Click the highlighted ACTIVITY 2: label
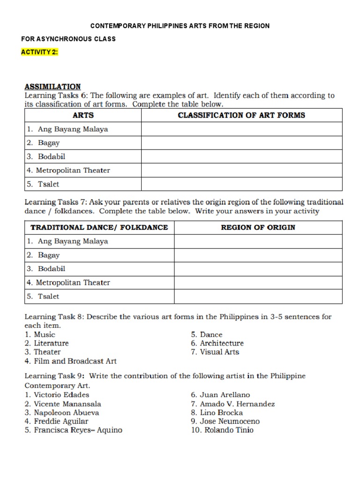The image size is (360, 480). click(39, 52)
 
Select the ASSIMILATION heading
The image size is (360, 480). click(52, 87)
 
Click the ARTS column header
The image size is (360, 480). click(83, 115)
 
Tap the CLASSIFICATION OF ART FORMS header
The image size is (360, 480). click(241, 115)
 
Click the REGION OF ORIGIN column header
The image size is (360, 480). click(258, 227)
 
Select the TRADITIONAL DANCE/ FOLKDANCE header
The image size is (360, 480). click(99, 227)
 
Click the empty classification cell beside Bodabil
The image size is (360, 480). click(241, 157)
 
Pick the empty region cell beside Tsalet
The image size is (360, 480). click(258, 296)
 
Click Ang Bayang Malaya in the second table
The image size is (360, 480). click(67, 241)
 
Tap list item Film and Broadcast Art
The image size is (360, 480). click(70, 361)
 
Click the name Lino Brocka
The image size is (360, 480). click(217, 412)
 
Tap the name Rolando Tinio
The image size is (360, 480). click(222, 430)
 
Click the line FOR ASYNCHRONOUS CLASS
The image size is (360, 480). click(68, 39)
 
